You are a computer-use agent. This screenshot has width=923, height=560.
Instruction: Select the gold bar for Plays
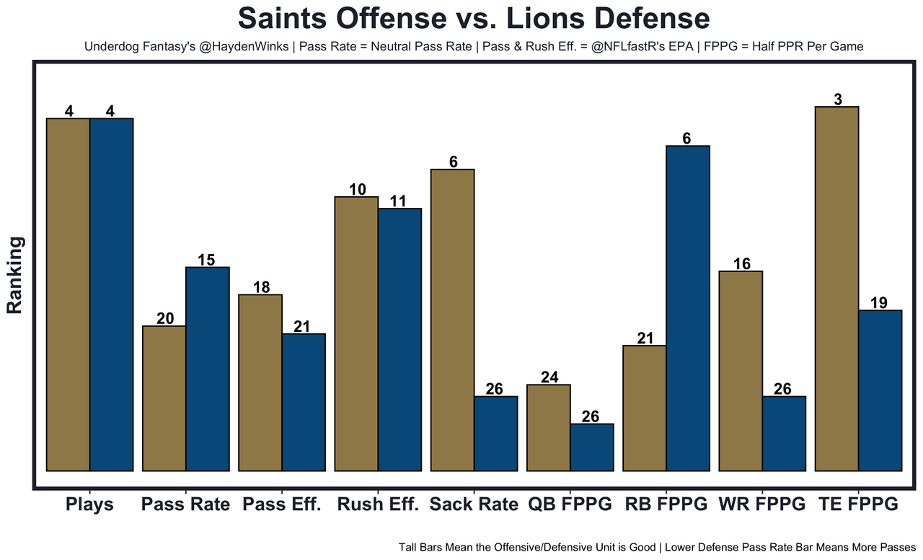(68, 294)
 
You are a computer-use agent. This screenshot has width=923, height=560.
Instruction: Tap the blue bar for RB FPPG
(688, 308)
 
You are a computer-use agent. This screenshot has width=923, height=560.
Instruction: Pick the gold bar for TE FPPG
(836, 289)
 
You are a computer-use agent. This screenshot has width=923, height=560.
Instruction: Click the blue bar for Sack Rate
(495, 433)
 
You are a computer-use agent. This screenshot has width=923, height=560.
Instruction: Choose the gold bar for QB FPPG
(548, 427)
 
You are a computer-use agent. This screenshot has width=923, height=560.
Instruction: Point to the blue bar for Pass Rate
(208, 369)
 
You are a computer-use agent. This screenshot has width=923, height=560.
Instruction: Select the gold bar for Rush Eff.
(356, 333)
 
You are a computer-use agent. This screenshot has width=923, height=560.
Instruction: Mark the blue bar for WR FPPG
(784, 433)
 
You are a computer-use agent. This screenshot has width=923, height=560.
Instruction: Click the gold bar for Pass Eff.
(260, 382)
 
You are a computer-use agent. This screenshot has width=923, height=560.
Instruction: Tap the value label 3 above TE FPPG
(837, 100)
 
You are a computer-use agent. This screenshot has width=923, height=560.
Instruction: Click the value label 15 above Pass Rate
(206, 260)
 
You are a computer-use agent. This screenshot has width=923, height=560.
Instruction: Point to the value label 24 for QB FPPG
(549, 377)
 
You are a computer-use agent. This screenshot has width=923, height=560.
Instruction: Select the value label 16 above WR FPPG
(741, 264)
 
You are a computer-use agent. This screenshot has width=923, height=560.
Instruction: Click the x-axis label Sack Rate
(474, 504)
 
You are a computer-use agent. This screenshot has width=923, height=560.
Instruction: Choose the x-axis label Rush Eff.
(378, 504)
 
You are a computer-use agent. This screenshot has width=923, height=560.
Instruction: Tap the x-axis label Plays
(89, 504)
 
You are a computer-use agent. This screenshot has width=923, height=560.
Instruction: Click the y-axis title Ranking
(15, 275)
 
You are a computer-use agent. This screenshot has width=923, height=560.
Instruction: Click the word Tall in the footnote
(409, 547)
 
